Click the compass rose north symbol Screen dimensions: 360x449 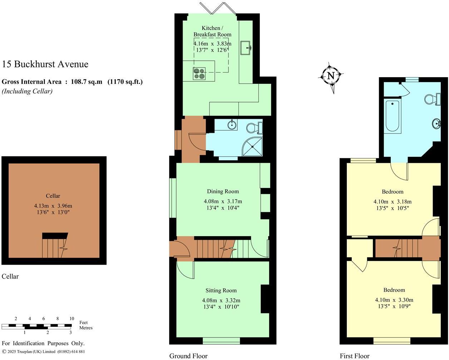click(331, 76)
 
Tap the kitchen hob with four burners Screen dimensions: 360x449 click(199, 73)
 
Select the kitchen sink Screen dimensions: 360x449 click(246, 48)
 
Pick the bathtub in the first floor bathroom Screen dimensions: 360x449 click(392, 116)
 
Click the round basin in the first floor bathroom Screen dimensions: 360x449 click(436, 124)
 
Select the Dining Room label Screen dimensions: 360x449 click(223, 191)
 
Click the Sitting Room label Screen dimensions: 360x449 click(221, 290)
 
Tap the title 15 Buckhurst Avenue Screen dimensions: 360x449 click(45, 64)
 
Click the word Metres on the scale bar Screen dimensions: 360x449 click(85, 328)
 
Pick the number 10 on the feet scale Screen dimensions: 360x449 click(71, 319)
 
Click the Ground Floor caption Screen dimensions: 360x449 click(188, 356)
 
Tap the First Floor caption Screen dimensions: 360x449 click(354, 356)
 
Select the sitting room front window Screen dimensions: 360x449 click(221, 340)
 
